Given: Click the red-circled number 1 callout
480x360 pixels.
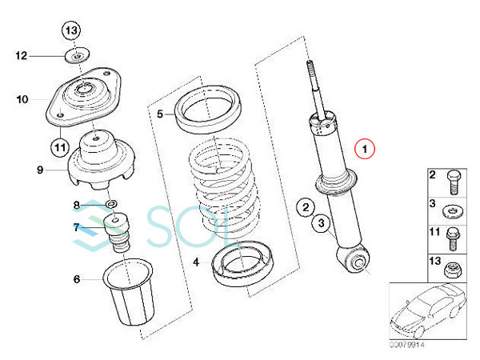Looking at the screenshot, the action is tap(364, 149).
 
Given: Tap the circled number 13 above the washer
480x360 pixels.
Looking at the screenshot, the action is tap(71, 30).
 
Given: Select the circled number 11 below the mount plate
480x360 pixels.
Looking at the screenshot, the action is tap(60, 147).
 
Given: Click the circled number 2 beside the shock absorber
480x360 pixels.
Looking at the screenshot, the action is tap(306, 207).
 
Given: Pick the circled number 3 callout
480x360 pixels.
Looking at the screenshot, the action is tap(321, 222).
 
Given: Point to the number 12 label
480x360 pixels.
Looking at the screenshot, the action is tap(22, 56).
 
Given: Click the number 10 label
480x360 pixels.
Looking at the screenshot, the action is tap(22, 99).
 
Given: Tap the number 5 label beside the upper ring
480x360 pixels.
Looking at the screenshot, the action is tap(160, 114).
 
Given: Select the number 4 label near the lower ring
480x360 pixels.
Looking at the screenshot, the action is tap(196, 262).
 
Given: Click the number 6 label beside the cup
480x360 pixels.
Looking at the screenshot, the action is tap(77, 279).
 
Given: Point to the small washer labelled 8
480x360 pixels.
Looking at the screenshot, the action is tap(112, 203).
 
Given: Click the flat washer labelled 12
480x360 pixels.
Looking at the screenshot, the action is tap(78, 55).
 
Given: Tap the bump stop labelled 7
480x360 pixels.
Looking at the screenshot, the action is tap(117, 233).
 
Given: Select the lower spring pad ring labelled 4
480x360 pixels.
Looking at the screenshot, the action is tap(242, 263).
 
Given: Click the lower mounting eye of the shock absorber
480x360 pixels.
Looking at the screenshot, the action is tap(353, 259).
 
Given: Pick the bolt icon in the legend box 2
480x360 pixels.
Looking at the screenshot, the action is tap(454, 182).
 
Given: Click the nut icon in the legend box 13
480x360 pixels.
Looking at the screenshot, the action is tap(453, 270).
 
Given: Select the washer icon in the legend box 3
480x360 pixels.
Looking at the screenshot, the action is tap(454, 211).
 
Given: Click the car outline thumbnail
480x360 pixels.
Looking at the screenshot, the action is tap(428, 311).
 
